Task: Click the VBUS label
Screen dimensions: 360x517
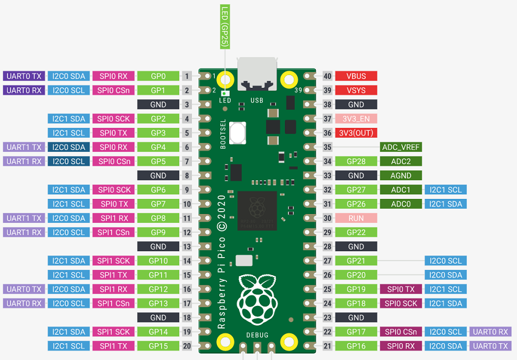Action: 356,76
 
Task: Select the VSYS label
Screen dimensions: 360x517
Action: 356,90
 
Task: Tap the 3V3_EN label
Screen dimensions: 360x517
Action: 356,119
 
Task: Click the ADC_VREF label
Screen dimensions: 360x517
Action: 401,147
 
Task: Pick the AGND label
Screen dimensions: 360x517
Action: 401,176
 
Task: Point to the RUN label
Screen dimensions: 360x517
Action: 356,218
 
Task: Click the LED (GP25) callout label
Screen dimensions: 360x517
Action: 224,27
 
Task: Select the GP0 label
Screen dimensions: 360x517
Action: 158,76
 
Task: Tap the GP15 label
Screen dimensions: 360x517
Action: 158,346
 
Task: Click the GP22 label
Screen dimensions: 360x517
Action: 356,233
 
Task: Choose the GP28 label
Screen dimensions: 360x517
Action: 356,162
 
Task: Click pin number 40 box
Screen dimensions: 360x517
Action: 327,76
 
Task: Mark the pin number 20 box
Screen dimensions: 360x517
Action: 187,346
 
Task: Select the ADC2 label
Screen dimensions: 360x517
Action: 401,162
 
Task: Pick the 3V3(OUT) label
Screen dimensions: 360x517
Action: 356,133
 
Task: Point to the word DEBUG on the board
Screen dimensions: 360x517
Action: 257,335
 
